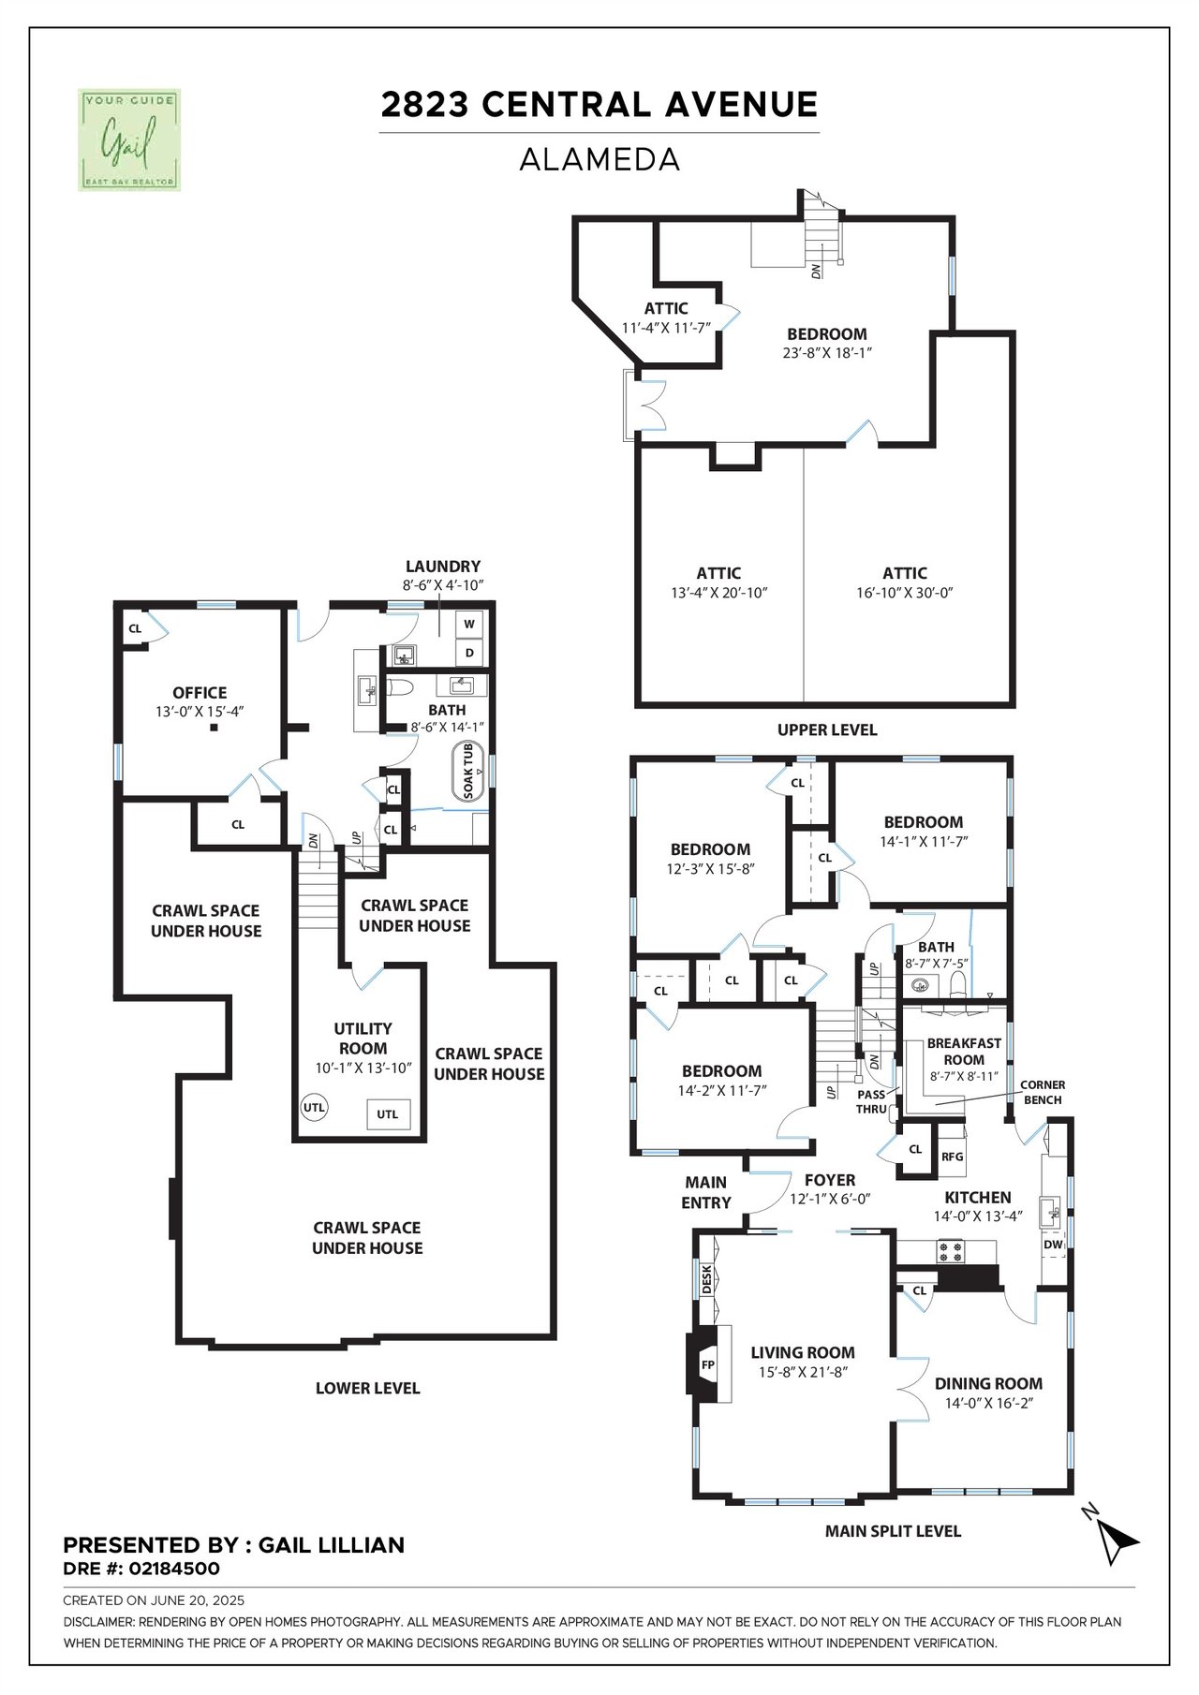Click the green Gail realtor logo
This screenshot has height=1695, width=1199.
click(x=128, y=140)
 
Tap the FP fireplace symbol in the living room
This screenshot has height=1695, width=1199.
click(x=708, y=1364)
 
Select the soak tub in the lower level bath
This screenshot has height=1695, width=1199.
click(x=467, y=772)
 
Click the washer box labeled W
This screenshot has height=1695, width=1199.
click(x=469, y=624)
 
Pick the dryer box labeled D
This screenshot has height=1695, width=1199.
click(x=469, y=652)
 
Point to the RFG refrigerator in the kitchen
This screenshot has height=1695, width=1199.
click(x=952, y=1157)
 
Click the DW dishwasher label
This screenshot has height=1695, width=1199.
click(x=1053, y=1245)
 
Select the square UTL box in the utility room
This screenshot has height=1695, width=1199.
click(x=388, y=1113)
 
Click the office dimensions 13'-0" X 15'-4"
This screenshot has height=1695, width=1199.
click(x=200, y=712)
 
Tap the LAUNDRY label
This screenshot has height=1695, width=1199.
click(x=442, y=567)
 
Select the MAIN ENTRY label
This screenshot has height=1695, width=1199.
click(x=706, y=1192)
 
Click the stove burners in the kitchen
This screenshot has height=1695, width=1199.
click(x=950, y=1249)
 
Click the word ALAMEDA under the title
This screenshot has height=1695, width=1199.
click(x=599, y=159)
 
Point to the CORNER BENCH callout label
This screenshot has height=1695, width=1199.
click(x=1043, y=1092)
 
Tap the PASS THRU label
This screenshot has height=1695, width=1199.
click(x=871, y=1101)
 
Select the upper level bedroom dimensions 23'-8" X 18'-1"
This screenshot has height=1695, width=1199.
click(x=827, y=353)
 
